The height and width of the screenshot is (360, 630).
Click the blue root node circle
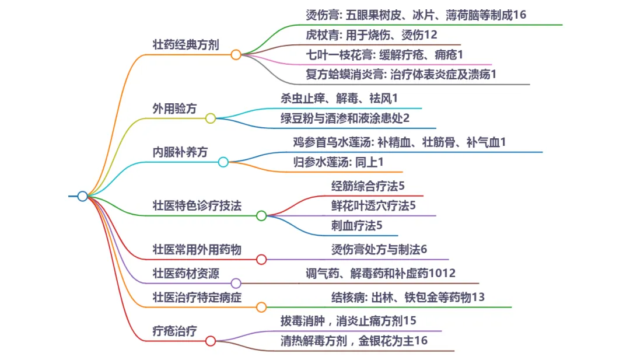82,196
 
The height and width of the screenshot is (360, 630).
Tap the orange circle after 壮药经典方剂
236,55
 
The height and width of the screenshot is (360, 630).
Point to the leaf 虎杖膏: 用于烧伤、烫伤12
372,35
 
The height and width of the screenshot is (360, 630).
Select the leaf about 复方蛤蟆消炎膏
401,74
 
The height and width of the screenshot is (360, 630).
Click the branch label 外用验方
174,108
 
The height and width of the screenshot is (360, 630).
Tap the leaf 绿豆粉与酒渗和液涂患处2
345,118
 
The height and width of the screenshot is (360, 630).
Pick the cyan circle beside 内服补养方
223,162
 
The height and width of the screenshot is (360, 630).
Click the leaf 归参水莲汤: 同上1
338,162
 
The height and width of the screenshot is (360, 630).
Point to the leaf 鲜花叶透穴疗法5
373,205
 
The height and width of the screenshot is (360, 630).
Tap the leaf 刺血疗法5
356,225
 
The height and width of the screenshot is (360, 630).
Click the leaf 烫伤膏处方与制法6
379,249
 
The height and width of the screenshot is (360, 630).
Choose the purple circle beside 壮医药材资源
236,283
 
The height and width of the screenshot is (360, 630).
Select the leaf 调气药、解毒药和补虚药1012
381,273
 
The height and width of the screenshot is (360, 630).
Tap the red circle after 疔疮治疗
210,341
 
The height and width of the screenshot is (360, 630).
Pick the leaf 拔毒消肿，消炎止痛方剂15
348,320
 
